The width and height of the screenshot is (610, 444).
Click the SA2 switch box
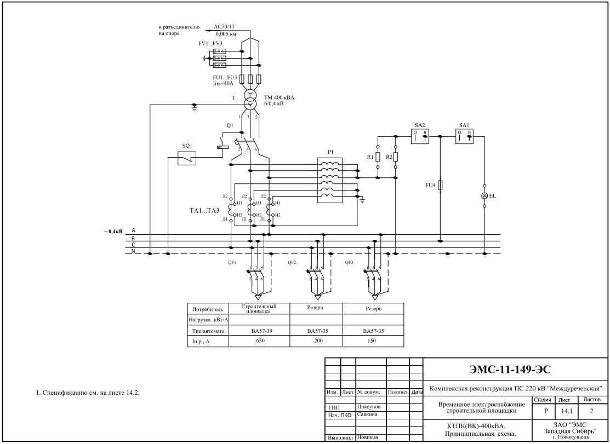point(421,136)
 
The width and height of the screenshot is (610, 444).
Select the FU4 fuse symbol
point(441,185)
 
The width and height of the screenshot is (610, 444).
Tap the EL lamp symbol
point(484,195)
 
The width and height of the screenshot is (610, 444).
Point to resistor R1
point(378,157)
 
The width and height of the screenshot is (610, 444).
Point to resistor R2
point(395,157)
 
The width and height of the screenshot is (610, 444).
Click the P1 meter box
point(330,181)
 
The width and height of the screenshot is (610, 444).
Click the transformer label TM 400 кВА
point(279,97)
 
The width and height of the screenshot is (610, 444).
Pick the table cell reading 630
point(258,340)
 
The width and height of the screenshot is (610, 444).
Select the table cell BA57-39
point(258,331)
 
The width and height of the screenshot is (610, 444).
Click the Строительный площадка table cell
point(258,308)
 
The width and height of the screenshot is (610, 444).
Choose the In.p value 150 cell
point(373,340)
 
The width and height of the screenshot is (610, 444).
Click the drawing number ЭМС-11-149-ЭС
point(514,371)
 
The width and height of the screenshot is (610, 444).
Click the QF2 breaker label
point(292,262)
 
